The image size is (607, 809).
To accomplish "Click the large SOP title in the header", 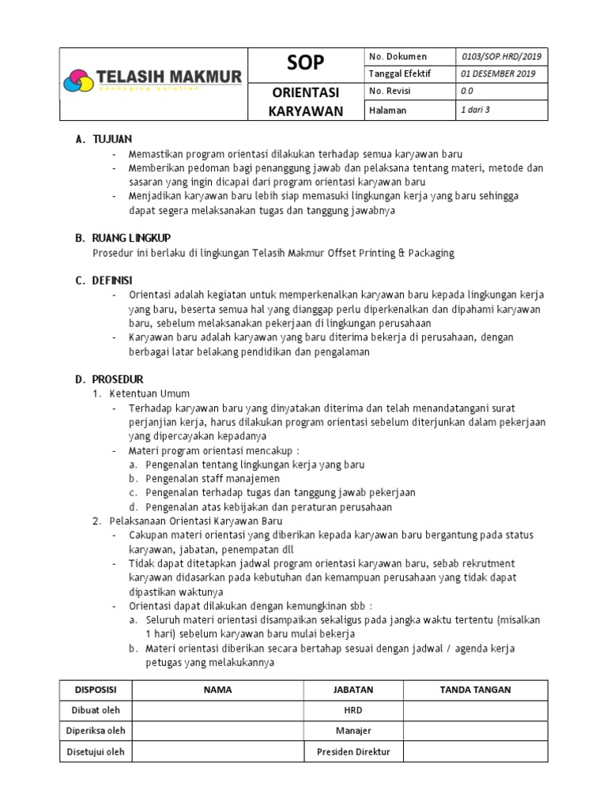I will (x=305, y=63).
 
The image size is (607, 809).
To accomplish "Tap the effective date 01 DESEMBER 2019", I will (x=498, y=74).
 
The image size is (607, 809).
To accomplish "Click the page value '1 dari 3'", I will (x=475, y=111).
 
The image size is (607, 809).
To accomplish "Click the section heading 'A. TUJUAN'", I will (x=104, y=140).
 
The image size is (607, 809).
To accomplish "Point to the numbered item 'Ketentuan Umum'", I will (x=149, y=393).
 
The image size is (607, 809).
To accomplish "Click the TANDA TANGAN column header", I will (x=475, y=690).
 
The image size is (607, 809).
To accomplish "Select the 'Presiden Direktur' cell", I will (x=353, y=752).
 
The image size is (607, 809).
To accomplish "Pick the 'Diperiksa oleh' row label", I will (x=96, y=732).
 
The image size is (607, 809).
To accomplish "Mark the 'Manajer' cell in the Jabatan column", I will (x=353, y=732).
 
